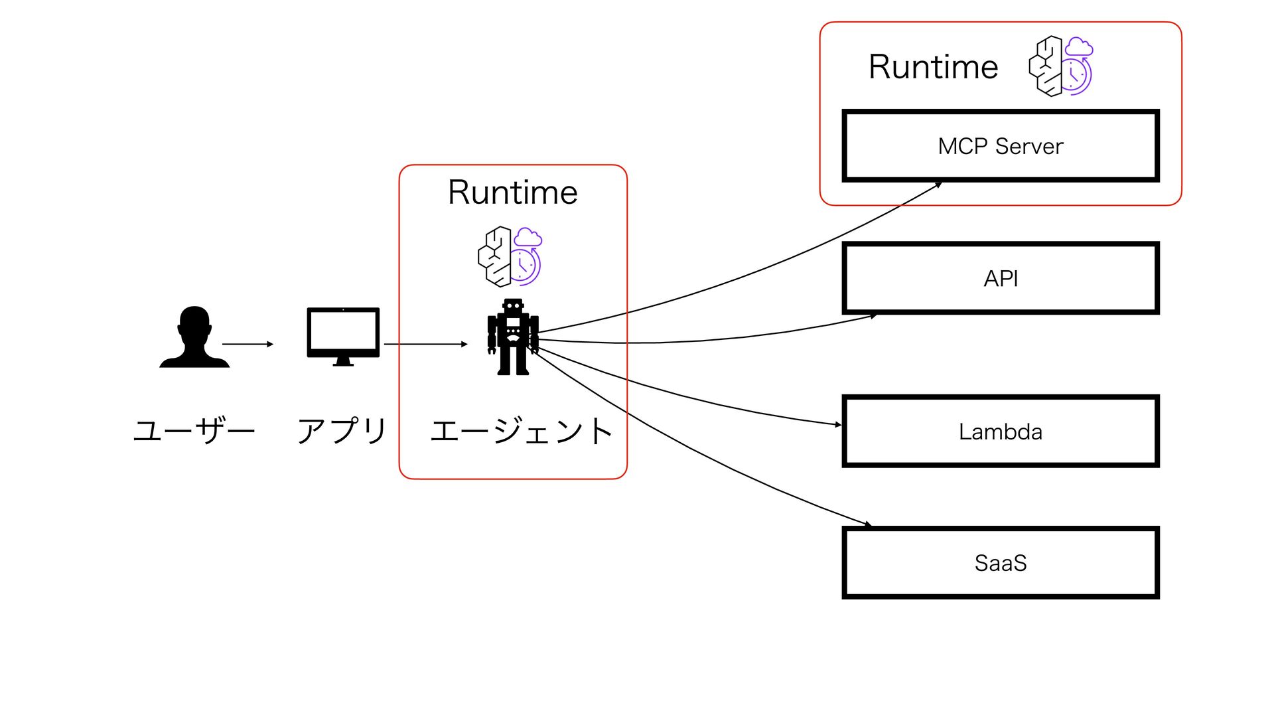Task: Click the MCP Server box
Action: (1001, 146)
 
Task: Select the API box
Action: (1001, 278)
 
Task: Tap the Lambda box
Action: (1001, 432)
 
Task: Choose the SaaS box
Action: (1001, 563)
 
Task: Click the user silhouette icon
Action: (194, 337)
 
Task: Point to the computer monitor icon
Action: (343, 336)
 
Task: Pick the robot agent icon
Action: (513, 337)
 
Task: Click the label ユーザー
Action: (194, 430)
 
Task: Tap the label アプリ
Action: (342, 430)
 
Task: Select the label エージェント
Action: (522, 430)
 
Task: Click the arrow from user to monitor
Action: (248, 344)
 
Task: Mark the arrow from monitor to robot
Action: (425, 344)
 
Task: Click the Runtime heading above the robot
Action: (513, 193)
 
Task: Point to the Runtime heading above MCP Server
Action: (934, 67)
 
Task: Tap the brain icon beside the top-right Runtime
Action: (1060, 66)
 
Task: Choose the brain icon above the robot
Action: (510, 256)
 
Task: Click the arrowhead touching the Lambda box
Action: (838, 424)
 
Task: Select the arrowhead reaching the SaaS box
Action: (869, 525)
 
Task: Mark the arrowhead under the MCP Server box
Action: (939, 185)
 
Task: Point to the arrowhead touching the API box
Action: (874, 316)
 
